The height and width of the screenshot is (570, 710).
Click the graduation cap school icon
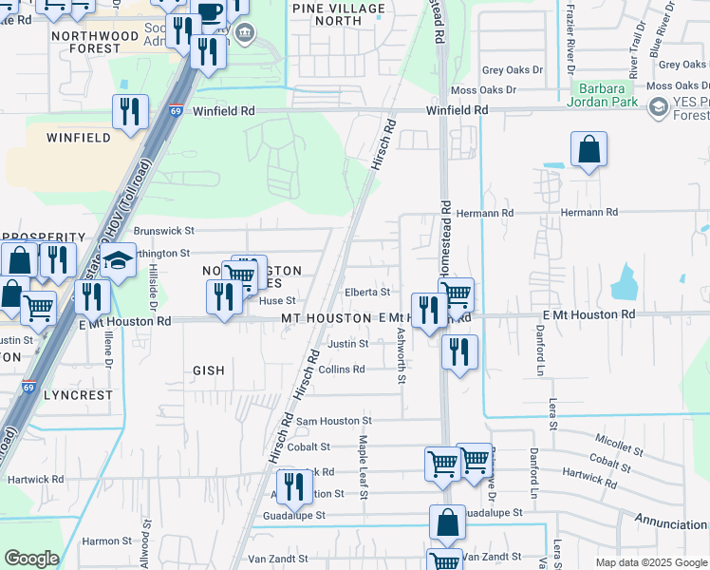coord(120,260)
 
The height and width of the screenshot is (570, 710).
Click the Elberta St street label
coord(367,293)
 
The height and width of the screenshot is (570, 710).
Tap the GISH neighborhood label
coord(209,371)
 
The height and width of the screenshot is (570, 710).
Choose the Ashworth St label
coord(402,356)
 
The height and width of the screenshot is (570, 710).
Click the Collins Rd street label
coord(342,370)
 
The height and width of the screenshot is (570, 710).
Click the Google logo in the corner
coord(31,559)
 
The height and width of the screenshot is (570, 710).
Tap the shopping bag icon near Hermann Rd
coord(589,149)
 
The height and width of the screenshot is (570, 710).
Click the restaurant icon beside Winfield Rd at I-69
coord(130,111)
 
